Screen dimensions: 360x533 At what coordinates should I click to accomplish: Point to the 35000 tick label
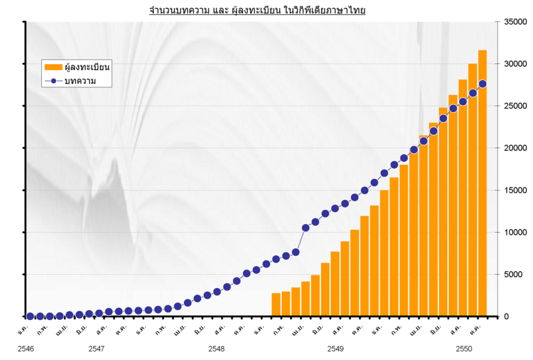coord(513,22)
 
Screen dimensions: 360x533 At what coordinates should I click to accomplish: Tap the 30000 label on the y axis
coord(513,64)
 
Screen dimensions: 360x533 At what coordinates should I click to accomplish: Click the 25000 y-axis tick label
coord(513,106)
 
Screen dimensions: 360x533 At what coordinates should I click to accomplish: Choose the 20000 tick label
coord(513,148)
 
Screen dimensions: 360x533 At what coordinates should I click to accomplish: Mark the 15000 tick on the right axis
coord(513,190)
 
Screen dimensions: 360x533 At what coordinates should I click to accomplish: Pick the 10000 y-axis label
coord(513,232)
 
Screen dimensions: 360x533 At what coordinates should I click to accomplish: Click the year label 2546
coord(26,349)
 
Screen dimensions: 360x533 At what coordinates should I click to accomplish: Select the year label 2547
coord(96,349)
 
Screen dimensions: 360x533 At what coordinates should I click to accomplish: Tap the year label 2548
coord(216,349)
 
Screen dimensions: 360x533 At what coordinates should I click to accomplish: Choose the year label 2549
coord(336,349)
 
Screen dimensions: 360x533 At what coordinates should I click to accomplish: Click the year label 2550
coord(464,349)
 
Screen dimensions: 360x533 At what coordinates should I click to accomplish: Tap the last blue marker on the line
coord(482,84)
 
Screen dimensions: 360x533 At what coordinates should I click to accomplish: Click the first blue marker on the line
coord(30,317)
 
